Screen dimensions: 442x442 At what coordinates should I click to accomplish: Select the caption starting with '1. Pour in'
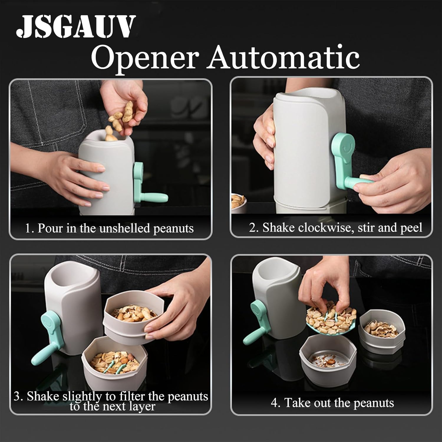click(109, 229)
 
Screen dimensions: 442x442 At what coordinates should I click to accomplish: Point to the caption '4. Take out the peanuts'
click(332, 403)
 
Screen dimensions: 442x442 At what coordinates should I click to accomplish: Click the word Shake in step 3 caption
click(43, 396)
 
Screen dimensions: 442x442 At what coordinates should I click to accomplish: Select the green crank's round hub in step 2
click(343, 144)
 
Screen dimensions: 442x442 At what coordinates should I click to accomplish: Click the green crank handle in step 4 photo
click(255, 323)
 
